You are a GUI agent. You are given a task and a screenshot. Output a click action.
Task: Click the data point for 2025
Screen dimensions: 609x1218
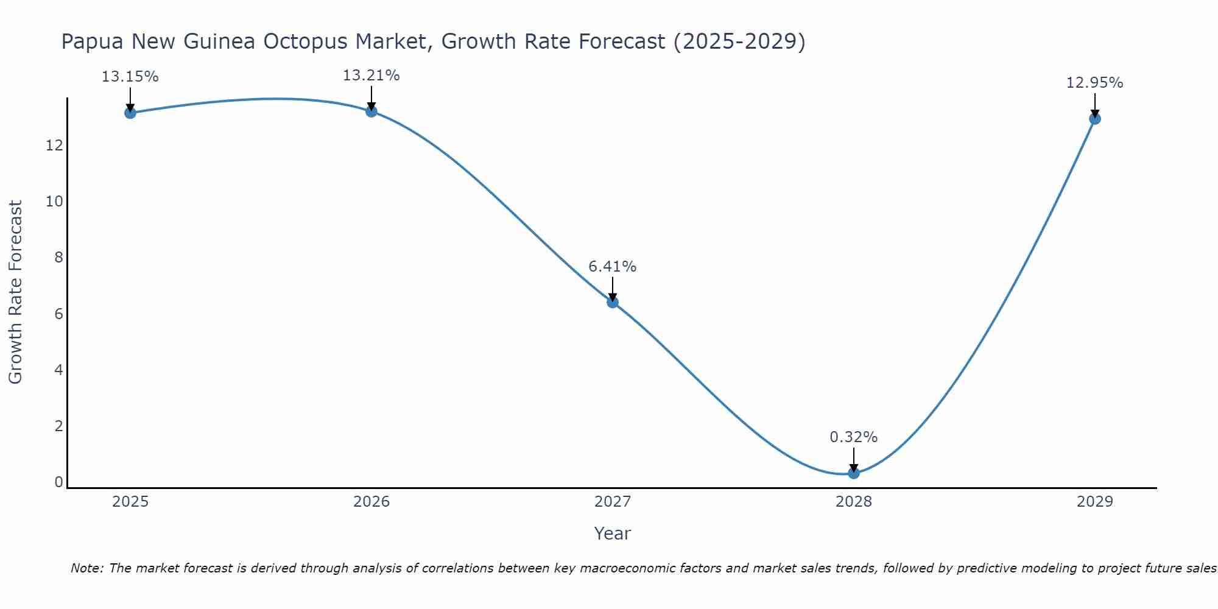click(x=130, y=113)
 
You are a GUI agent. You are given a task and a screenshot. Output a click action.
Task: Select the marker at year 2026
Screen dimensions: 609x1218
click(x=371, y=111)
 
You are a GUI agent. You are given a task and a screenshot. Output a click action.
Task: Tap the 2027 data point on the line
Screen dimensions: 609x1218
click(x=613, y=302)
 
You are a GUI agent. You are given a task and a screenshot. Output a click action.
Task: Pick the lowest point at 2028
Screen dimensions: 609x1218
click(x=854, y=473)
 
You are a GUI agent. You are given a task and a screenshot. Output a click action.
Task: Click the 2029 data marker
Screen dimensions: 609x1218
click(x=1095, y=118)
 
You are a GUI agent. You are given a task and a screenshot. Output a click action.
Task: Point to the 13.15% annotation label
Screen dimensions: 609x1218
click(x=130, y=77)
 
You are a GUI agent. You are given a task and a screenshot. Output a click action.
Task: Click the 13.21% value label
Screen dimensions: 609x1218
click(x=371, y=76)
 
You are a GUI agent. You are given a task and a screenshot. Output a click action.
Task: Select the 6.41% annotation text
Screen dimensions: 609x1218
click(x=613, y=267)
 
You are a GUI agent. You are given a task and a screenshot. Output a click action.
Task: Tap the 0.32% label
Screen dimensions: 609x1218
click(x=854, y=437)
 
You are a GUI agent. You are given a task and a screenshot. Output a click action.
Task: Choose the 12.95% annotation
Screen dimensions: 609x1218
click(x=1095, y=83)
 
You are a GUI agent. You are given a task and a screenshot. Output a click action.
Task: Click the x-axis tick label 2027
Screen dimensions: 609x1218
click(x=613, y=502)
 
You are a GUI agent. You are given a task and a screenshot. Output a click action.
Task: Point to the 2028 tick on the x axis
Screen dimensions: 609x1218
click(x=854, y=502)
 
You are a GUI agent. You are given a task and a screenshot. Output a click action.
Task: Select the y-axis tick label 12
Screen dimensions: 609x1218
click(x=54, y=146)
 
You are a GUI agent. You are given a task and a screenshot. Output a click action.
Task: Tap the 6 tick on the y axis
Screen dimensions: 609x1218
click(x=58, y=314)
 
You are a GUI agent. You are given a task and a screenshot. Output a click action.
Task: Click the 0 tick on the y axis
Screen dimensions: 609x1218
click(x=58, y=482)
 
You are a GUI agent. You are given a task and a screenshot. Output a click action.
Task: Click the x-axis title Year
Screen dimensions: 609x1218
click(x=613, y=533)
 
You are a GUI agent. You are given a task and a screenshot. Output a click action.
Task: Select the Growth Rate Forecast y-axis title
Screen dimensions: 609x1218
click(x=16, y=292)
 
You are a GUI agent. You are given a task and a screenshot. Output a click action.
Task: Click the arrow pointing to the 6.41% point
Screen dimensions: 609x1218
click(x=613, y=287)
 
